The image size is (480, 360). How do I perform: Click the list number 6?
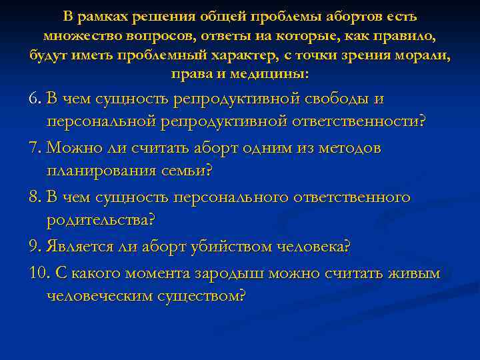point(34,99)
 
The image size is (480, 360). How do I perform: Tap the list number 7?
point(34,148)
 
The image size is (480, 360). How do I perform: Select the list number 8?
point(34,197)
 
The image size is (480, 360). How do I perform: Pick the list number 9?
point(34,247)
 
